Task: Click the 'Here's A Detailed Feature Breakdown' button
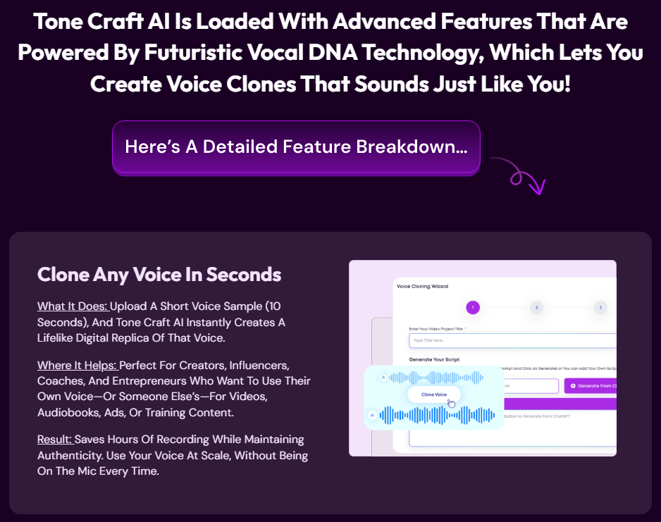pyautogui.click(x=296, y=147)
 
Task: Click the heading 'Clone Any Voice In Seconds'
pyautogui.click(x=159, y=274)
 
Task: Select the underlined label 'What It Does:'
pyautogui.click(x=73, y=306)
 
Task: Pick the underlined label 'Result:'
pyautogui.click(x=55, y=440)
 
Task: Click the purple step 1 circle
pyautogui.click(x=473, y=307)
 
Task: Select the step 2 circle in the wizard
pyautogui.click(x=536, y=307)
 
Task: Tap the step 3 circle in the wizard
pyautogui.click(x=600, y=307)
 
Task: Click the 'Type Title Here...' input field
pyautogui.click(x=512, y=341)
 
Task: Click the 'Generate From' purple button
pyautogui.click(x=591, y=386)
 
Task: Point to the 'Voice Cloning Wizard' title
pyautogui.click(x=422, y=287)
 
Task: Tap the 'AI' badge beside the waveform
pyautogui.click(x=372, y=416)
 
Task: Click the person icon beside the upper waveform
pyautogui.click(x=383, y=378)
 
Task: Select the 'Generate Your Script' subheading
pyautogui.click(x=434, y=359)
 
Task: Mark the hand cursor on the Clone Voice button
pyautogui.click(x=451, y=402)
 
